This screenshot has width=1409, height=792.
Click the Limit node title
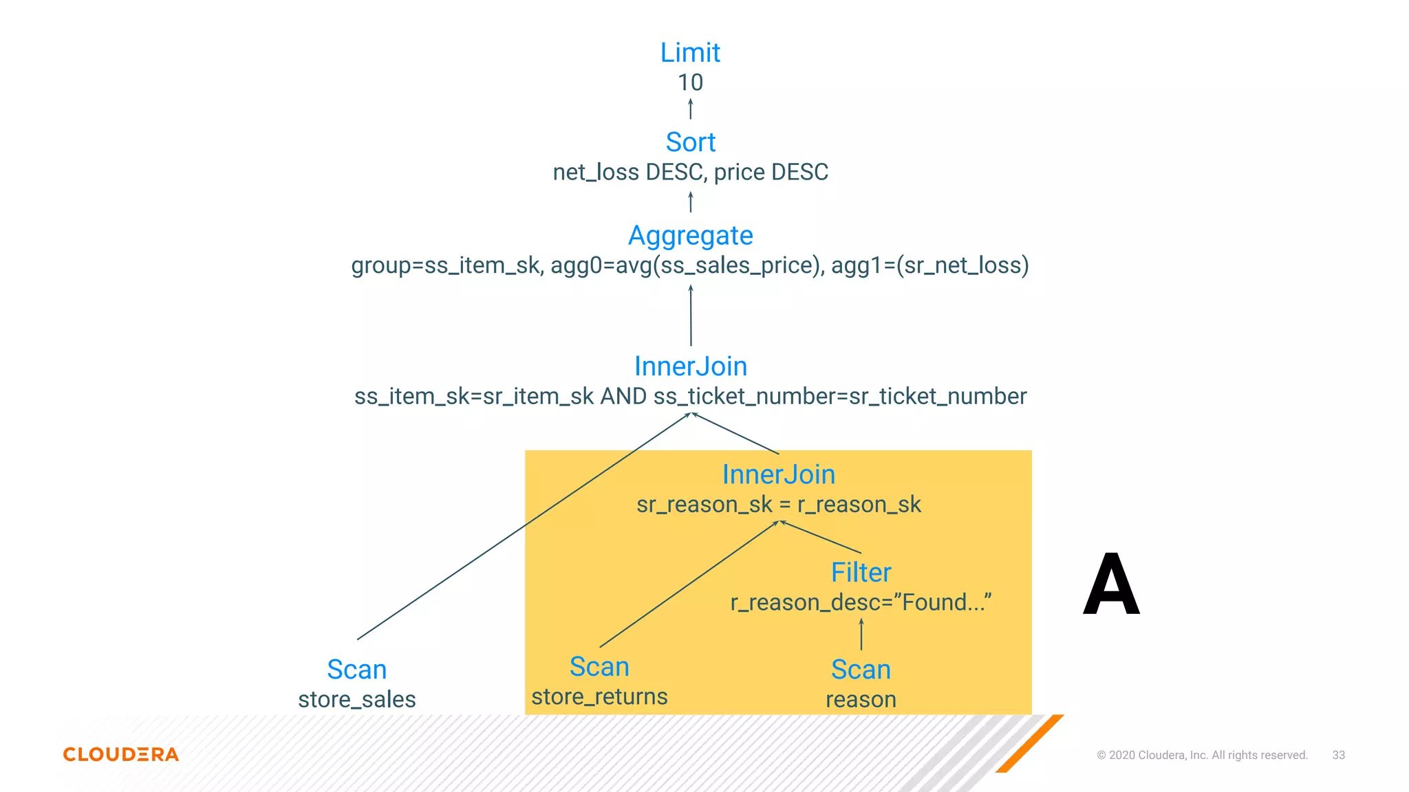click(690, 53)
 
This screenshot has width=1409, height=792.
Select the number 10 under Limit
click(690, 82)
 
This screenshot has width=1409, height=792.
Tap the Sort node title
click(690, 142)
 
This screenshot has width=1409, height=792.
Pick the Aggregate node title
click(690, 236)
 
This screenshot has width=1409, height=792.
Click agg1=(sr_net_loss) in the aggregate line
click(929, 265)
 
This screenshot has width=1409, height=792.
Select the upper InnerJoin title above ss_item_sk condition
click(690, 366)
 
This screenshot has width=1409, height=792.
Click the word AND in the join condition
click(623, 397)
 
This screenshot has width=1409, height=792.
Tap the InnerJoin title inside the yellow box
click(778, 474)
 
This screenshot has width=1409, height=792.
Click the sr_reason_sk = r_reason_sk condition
click(778, 505)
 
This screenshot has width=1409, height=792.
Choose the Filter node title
click(861, 573)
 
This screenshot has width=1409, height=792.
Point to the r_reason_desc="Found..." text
click(861, 603)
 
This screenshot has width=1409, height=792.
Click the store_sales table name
click(356, 700)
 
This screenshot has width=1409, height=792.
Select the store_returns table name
click(599, 697)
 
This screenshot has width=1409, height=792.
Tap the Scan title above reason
click(861, 670)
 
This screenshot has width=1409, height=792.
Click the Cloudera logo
click(121, 754)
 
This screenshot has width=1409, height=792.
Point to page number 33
click(1338, 755)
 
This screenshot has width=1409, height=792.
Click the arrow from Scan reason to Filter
click(861, 635)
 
